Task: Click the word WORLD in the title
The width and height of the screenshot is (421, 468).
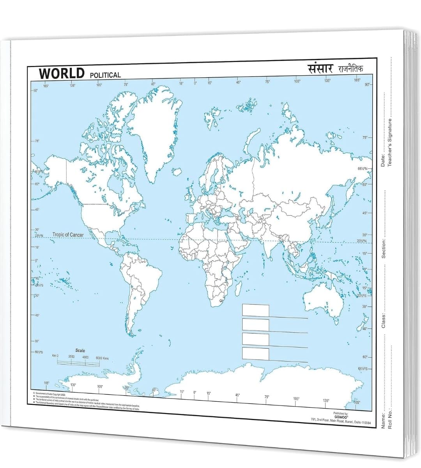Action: coord(62,73)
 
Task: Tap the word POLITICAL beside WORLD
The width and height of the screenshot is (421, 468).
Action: coord(105,75)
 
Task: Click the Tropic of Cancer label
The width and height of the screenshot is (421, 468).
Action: coord(68,235)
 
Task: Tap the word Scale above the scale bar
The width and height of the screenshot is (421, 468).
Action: coord(80,351)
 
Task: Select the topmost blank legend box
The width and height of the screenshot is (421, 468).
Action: coord(255,310)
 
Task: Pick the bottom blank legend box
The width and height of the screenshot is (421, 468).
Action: coord(255,354)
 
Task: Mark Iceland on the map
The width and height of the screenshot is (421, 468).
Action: coord(177,172)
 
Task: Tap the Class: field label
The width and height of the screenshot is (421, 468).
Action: coord(383,321)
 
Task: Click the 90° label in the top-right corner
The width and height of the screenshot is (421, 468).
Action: coord(368,84)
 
